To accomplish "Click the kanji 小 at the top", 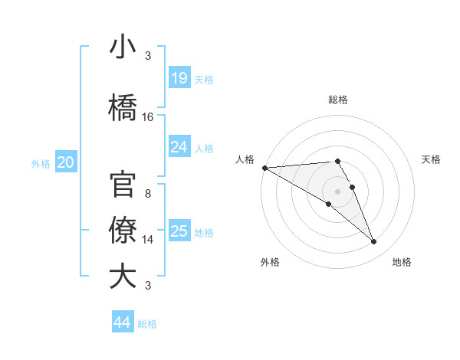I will coord(123,47).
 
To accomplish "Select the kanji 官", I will coord(123,186).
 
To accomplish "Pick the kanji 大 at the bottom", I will coord(123,276).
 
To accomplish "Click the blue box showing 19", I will coord(179,78).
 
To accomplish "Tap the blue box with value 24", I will coord(179,147).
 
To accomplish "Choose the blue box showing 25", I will coord(179,231).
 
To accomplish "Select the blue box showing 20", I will coord(66,162).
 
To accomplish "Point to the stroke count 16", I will coord(148,117).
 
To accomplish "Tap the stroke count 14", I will coord(148,240).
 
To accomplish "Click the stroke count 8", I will coord(148,194).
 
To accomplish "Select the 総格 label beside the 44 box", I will coord(147,324).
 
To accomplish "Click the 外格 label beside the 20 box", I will coord(41,163).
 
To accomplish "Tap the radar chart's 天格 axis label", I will coord(432,159).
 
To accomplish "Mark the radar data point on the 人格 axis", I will coord(264,168).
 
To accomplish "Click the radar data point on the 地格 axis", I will coord(374,242).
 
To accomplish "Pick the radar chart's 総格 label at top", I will coord(338,100).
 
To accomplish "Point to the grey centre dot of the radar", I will coord(338,191).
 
